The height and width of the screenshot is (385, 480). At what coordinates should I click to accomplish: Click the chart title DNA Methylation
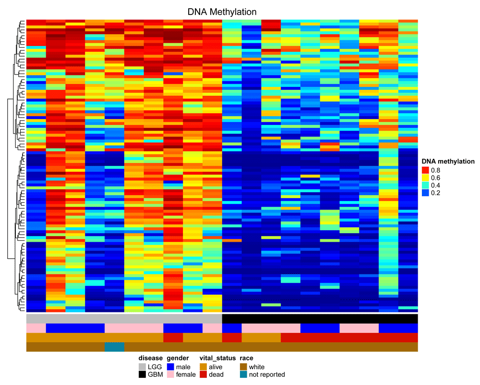222,12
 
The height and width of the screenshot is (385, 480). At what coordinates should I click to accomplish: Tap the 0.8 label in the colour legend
435,170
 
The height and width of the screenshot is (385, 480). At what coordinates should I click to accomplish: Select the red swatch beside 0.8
425,170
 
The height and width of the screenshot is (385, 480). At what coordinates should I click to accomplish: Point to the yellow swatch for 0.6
425,178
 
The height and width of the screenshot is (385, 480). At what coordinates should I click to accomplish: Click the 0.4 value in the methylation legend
435,185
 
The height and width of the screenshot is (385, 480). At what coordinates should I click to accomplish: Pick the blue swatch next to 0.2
425,192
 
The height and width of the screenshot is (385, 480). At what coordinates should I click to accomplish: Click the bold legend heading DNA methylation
448,161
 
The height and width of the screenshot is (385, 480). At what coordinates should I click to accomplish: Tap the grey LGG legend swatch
142,367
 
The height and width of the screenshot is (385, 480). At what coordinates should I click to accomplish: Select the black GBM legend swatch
142,374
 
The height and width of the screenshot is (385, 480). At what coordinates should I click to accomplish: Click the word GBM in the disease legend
155,374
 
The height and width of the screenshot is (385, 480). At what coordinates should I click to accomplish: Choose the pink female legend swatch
170,374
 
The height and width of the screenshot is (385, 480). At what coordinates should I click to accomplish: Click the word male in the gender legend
183,367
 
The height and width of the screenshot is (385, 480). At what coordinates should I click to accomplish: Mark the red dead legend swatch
203,374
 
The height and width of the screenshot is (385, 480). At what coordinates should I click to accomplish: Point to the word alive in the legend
216,367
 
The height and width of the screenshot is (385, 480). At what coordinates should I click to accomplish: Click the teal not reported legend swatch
243,374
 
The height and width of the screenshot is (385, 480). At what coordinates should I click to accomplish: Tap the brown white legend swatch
243,367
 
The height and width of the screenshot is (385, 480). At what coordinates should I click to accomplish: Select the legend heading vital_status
217,358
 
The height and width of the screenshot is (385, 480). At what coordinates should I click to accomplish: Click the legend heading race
246,358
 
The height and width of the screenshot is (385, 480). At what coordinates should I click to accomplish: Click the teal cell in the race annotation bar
115,347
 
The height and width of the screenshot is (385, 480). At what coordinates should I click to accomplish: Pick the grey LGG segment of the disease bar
124,319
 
